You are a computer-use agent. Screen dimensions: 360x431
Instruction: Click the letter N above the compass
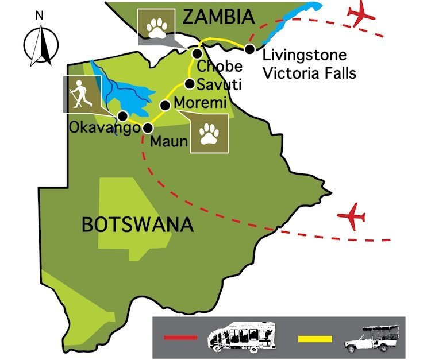tap(39, 16)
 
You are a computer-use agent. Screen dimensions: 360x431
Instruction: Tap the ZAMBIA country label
tap(218, 17)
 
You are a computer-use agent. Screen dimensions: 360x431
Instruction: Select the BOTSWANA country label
tap(137, 223)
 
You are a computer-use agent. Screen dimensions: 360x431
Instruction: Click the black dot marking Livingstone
tap(249, 49)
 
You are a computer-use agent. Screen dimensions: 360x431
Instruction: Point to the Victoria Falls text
tap(309, 73)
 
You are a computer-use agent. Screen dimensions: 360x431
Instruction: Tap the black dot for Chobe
tap(197, 53)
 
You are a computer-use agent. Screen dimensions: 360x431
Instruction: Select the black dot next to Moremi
tap(164, 105)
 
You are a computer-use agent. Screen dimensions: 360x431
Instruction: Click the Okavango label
tap(104, 127)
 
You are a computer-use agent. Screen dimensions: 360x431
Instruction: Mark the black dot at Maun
tap(148, 128)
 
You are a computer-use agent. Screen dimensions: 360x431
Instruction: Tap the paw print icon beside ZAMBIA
tap(157, 26)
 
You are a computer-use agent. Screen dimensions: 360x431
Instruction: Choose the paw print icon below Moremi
tap(210, 134)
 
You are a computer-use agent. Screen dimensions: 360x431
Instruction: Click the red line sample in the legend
tap(180, 338)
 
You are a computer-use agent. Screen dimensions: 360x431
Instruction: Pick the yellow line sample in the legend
tap(314, 338)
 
